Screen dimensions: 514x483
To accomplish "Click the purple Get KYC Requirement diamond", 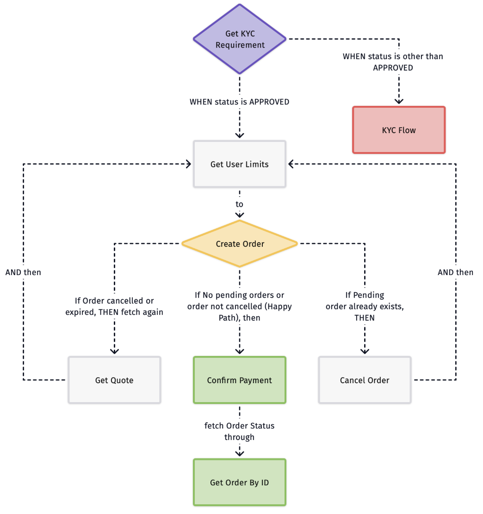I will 240,39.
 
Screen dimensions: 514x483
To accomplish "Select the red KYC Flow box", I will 399,130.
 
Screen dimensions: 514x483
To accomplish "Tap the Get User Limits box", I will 240,164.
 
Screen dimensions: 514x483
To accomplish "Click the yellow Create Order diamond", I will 240,244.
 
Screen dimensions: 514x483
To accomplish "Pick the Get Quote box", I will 114,380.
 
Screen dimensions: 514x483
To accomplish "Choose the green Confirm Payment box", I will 240,380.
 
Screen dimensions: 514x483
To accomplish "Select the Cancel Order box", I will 365,380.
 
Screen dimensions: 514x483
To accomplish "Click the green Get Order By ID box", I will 240,482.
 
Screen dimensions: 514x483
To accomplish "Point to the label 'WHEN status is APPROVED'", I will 240,102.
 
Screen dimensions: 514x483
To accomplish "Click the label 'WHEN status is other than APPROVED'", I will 393,62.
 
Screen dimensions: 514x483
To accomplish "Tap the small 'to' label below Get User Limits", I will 239,204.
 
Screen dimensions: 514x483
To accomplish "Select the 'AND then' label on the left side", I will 23,272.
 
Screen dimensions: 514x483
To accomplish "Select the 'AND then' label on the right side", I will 456,272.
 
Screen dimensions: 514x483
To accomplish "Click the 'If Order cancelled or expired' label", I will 114,306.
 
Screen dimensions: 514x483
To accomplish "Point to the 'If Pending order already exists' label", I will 365,306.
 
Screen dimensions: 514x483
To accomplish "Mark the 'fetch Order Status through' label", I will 240,431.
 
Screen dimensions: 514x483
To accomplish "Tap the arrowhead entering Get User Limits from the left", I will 189,164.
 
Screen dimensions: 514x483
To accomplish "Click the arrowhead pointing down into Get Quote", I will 114,351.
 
